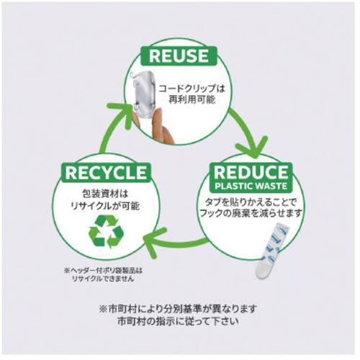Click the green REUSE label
click(179, 56)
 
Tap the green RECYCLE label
click(106, 173)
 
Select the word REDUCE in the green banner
click(251, 172)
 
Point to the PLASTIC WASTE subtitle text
click(251, 186)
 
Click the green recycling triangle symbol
click(106, 231)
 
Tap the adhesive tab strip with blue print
click(272, 251)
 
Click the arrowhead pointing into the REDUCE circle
click(253, 147)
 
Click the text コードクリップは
click(192, 89)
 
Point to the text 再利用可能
click(192, 99)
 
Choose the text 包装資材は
click(105, 194)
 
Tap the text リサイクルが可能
click(105, 206)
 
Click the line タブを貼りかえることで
click(251, 202)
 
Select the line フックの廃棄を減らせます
click(251, 213)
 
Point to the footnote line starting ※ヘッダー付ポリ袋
click(103, 271)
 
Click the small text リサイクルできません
click(103, 279)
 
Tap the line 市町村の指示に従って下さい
click(178, 321)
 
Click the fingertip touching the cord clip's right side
click(158, 113)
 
